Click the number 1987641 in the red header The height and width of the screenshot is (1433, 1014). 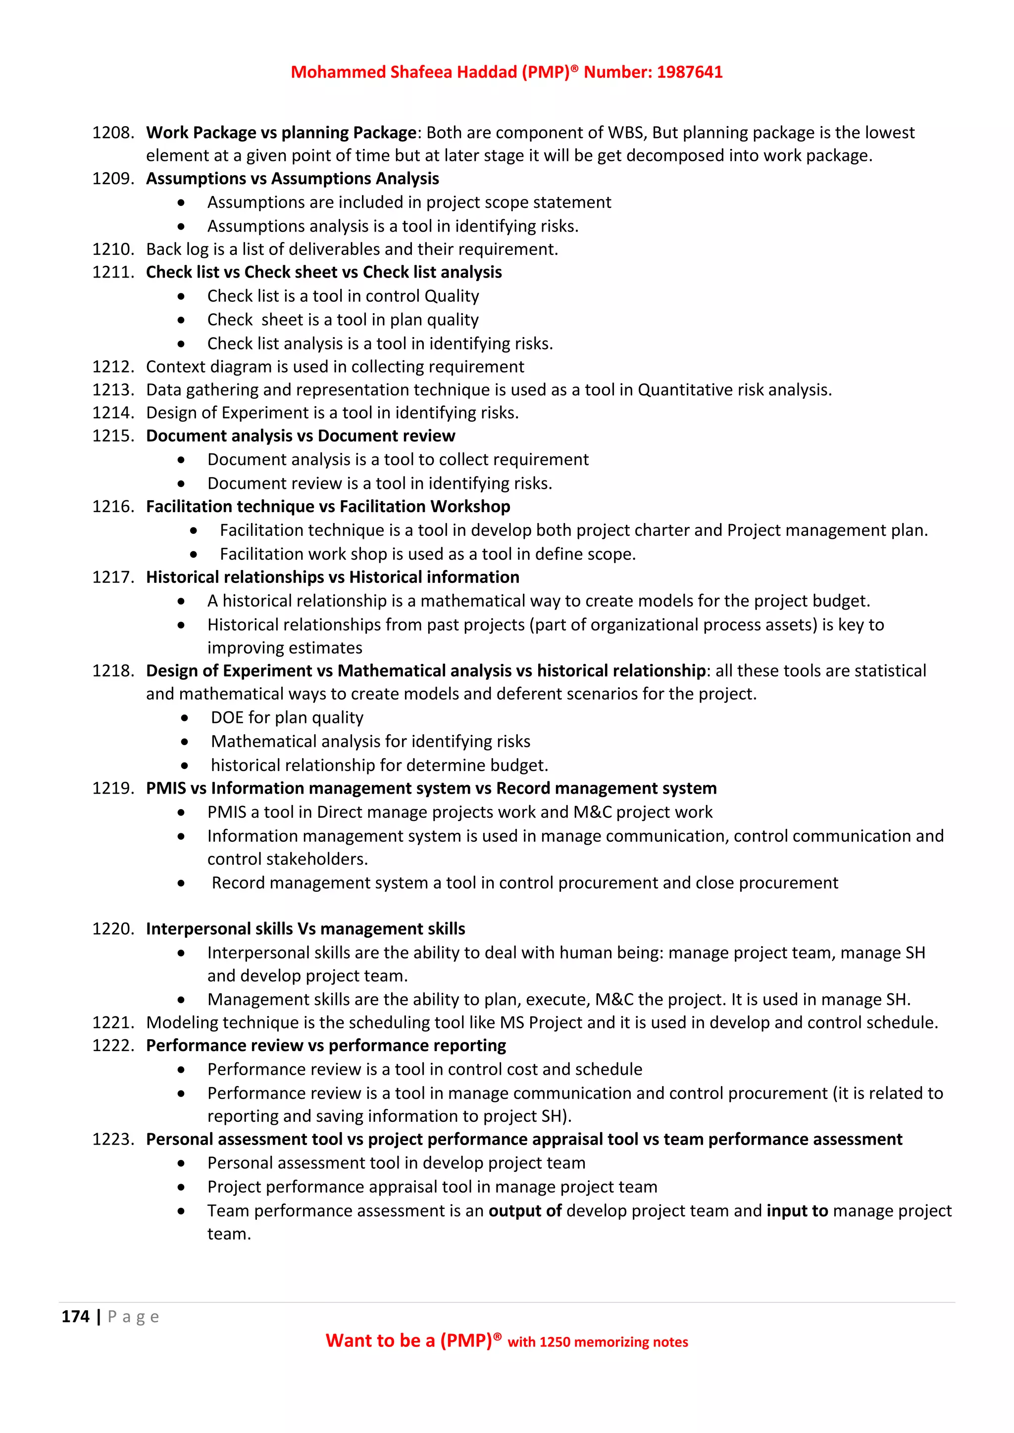(x=689, y=72)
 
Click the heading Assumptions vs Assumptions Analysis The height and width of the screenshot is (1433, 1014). (x=292, y=179)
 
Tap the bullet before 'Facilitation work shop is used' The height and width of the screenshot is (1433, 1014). (x=194, y=554)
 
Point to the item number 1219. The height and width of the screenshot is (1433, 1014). (x=112, y=788)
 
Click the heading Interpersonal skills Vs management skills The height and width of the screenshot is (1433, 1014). (x=305, y=929)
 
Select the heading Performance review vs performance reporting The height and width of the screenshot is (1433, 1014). (x=326, y=1046)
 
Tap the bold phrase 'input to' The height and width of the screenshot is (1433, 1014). (x=797, y=1211)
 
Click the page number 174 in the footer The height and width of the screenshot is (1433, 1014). (x=76, y=1316)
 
